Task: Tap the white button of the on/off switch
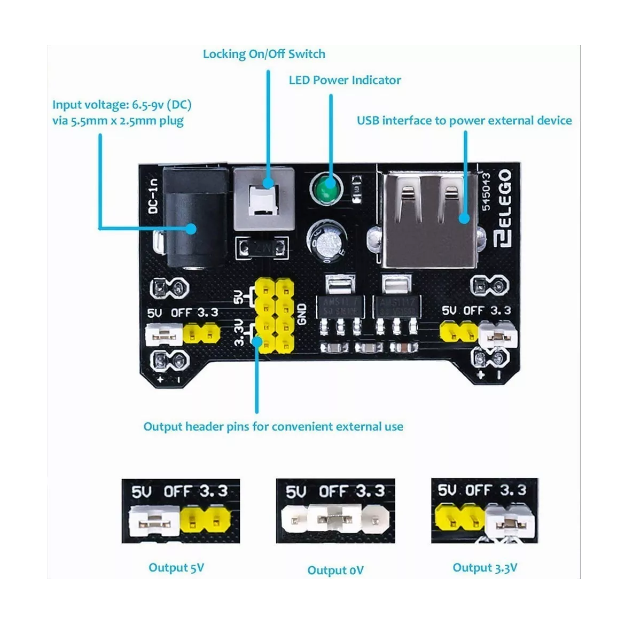click(x=264, y=200)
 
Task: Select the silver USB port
click(x=430, y=219)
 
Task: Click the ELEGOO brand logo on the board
click(x=503, y=208)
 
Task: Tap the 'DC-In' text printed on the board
click(x=153, y=196)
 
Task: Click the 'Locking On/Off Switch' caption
click(x=264, y=54)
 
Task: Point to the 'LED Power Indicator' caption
click(x=345, y=80)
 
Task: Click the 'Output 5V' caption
click(x=176, y=568)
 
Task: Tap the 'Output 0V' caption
click(x=335, y=570)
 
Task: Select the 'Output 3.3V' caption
click(x=485, y=568)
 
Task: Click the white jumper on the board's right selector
click(x=498, y=335)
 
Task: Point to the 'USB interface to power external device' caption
click(x=464, y=121)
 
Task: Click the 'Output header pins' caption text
click(x=273, y=427)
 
